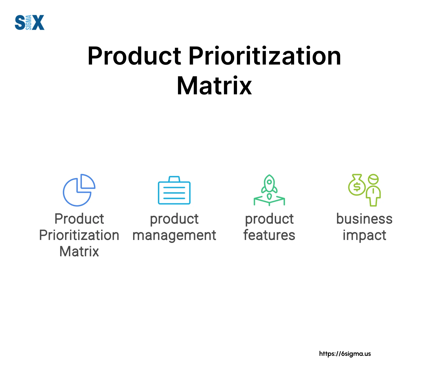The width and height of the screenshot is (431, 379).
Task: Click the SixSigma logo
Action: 29,22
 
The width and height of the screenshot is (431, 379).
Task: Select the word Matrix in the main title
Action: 214,86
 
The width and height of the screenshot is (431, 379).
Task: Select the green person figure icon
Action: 373,190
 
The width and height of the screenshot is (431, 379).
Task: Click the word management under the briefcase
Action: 174,235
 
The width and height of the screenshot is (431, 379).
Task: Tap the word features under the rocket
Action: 269,235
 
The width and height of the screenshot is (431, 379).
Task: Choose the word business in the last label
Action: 364,219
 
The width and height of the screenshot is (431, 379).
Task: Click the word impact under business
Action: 364,235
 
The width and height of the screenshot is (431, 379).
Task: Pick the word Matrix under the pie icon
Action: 79,252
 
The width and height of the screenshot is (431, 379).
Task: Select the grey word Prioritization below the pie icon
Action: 79,235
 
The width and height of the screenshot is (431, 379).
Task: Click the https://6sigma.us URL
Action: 345,354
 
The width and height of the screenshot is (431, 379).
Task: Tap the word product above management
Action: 174,219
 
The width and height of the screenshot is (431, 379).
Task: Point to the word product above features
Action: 269,219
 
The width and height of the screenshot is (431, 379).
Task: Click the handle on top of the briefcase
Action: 174,179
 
